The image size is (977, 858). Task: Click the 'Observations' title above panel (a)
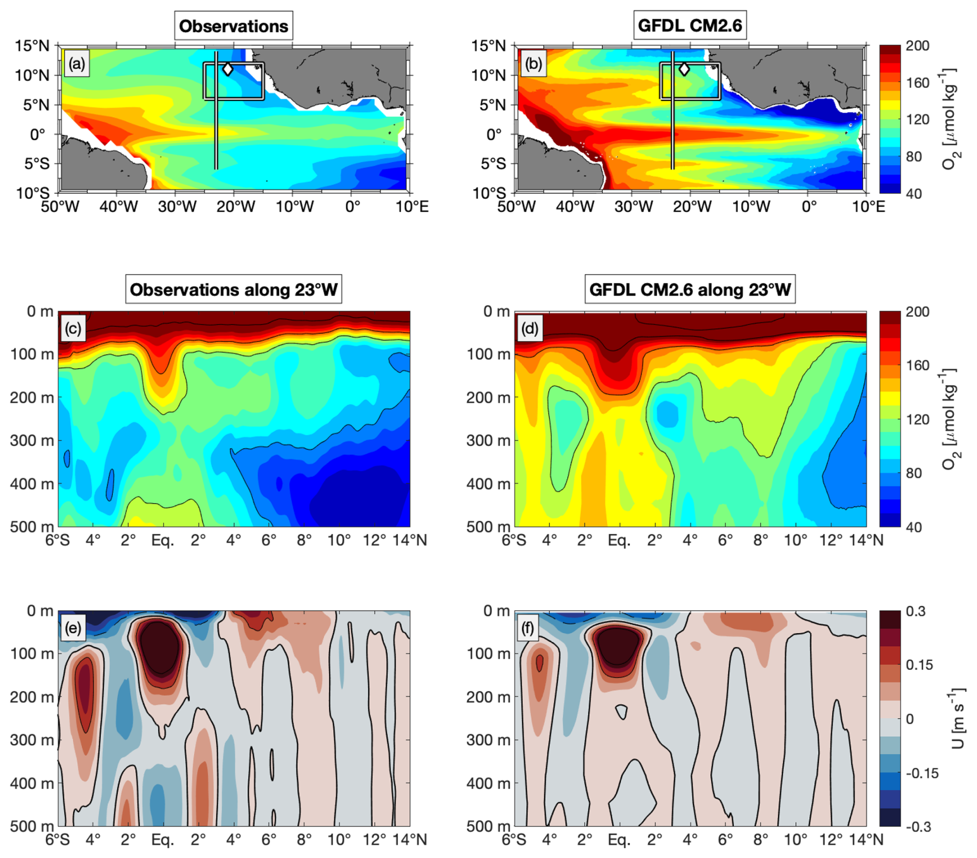tap(233, 26)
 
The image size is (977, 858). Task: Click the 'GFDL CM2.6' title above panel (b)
tap(690, 25)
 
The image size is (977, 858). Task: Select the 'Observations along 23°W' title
tap(233, 290)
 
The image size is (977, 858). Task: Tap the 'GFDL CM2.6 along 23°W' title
tap(690, 290)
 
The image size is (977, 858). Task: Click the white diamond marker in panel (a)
tap(228, 69)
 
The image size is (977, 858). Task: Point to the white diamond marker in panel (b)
tap(684, 69)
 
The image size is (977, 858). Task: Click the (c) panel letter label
tap(73, 329)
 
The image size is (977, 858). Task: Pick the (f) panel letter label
tap(528, 628)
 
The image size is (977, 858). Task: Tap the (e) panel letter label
tap(72, 628)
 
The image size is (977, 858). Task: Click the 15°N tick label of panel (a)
tap(32, 46)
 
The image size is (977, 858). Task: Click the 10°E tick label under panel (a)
tap(412, 207)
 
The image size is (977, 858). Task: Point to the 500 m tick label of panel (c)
tap(32, 527)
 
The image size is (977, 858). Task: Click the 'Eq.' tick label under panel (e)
tap(163, 840)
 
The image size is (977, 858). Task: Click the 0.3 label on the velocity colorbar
tap(916, 612)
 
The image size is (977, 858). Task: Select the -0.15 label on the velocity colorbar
tap(922, 773)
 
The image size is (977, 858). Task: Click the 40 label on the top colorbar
tap(913, 194)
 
